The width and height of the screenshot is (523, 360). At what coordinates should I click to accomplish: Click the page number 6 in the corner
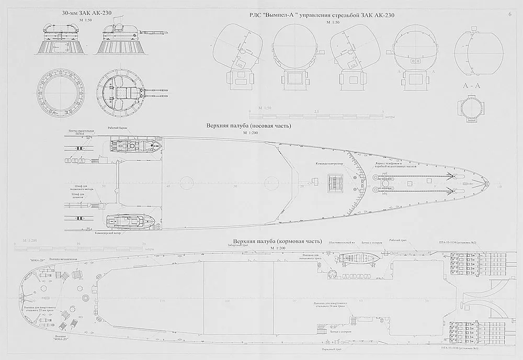(509, 14)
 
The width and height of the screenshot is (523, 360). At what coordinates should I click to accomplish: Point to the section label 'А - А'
(472, 86)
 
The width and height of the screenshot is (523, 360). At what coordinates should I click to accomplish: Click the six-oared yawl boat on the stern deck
(357, 258)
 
